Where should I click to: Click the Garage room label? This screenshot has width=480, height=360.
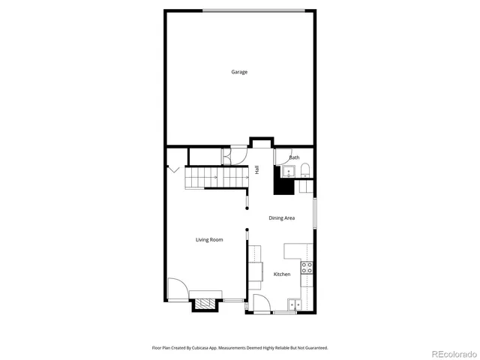[239, 72]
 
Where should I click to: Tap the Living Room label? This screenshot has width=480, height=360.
[209, 240]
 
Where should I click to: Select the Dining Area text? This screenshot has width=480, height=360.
[282, 218]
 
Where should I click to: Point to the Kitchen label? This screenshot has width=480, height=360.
[282, 274]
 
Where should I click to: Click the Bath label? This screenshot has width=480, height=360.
[294, 157]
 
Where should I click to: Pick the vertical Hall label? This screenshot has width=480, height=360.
[256, 170]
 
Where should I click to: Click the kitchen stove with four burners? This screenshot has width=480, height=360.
[307, 266]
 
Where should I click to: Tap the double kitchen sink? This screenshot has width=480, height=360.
[294, 304]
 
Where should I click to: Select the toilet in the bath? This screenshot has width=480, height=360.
[304, 172]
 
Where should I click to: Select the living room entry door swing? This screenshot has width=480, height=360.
[175, 289]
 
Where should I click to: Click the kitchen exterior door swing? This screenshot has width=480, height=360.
[262, 303]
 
